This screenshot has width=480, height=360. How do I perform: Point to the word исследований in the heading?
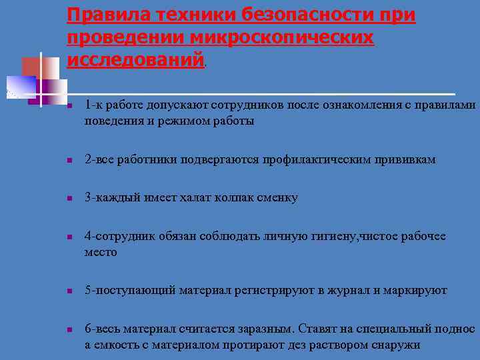pyautogui.click(x=135, y=60)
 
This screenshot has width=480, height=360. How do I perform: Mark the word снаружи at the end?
pyautogui.click(x=397, y=345)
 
